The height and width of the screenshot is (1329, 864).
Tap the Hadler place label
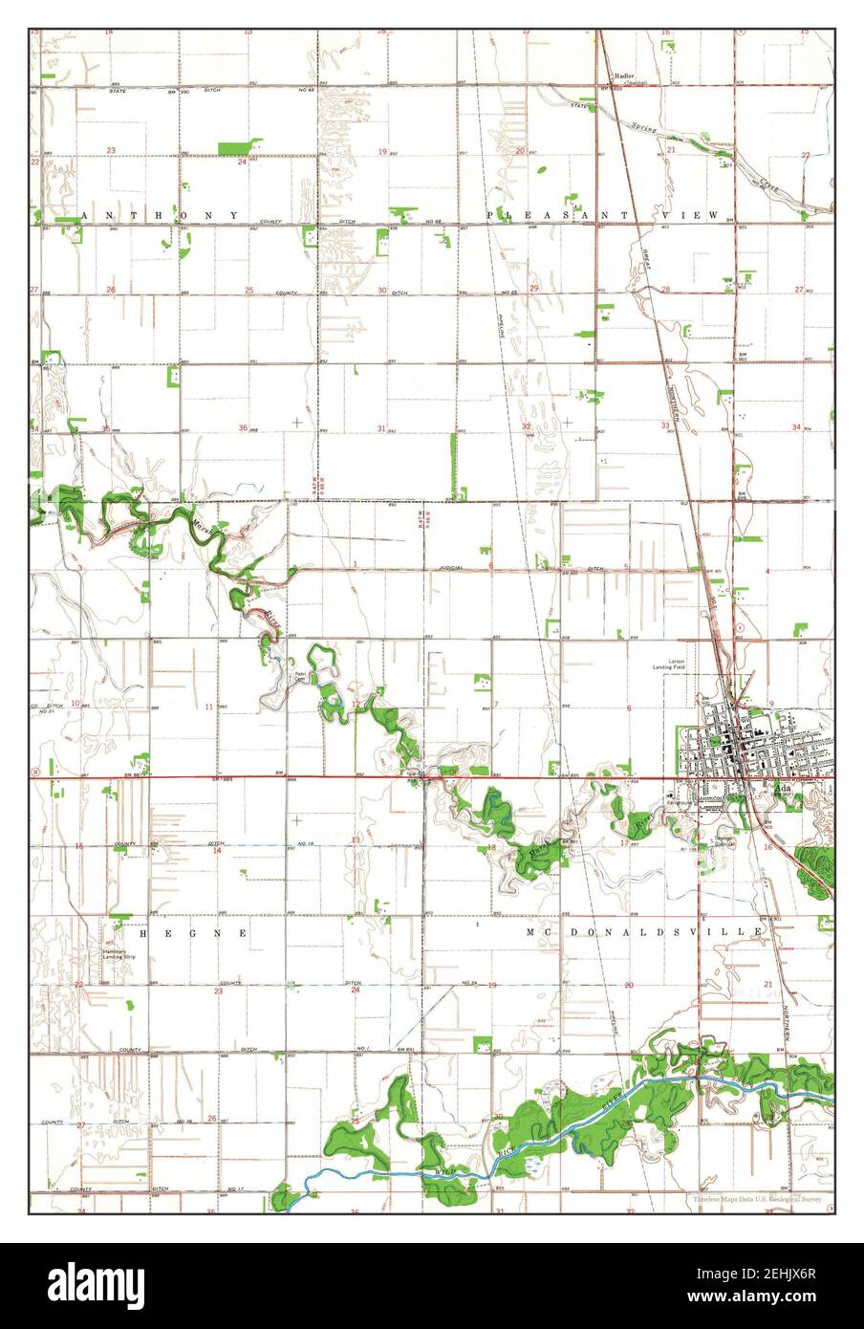pyautogui.click(x=624, y=75)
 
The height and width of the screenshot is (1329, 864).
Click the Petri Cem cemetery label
pyautogui.click(x=301, y=677)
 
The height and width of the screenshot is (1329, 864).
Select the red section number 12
pyautogui.click(x=355, y=705)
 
